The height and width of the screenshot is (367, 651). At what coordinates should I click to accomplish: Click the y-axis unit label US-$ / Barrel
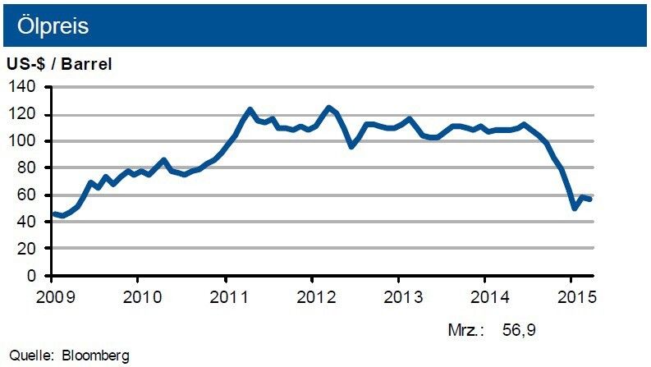click(x=59, y=63)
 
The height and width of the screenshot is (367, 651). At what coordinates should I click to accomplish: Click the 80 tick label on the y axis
click(x=30, y=167)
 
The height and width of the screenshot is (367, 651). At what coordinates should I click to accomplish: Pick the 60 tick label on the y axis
click(x=30, y=195)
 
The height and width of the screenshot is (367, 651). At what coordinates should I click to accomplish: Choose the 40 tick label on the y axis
click(x=30, y=222)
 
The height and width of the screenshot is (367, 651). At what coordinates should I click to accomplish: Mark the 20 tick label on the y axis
click(x=30, y=248)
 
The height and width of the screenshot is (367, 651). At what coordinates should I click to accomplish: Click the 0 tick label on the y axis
click(x=34, y=275)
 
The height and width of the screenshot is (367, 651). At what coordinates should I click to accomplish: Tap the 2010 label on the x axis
click(x=139, y=295)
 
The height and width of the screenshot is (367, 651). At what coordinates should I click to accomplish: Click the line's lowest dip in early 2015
click(x=575, y=208)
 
